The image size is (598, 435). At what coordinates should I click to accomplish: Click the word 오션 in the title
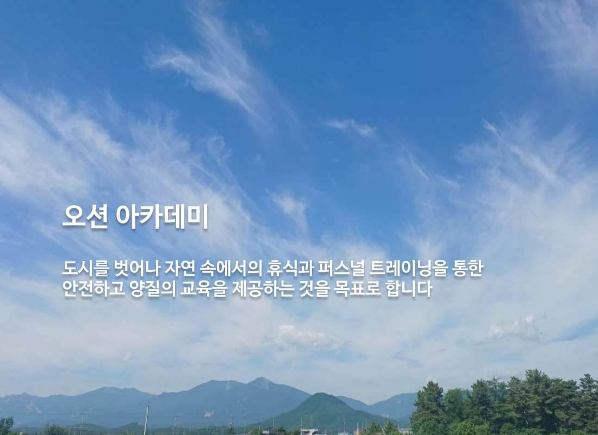pos(85,216)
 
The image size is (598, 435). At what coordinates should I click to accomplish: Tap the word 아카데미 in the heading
pos(161,216)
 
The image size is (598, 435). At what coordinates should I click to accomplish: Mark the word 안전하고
pos(94,289)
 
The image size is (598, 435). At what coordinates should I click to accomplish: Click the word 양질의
pos(153,289)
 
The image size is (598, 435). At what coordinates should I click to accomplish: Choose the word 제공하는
pos(263,289)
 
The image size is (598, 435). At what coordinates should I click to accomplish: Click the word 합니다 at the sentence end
pos(409,289)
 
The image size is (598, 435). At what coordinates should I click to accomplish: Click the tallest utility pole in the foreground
pos(146,418)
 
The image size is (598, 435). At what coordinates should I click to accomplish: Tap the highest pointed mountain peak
pos(261,380)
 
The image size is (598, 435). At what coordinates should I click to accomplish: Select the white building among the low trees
pos(309,432)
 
